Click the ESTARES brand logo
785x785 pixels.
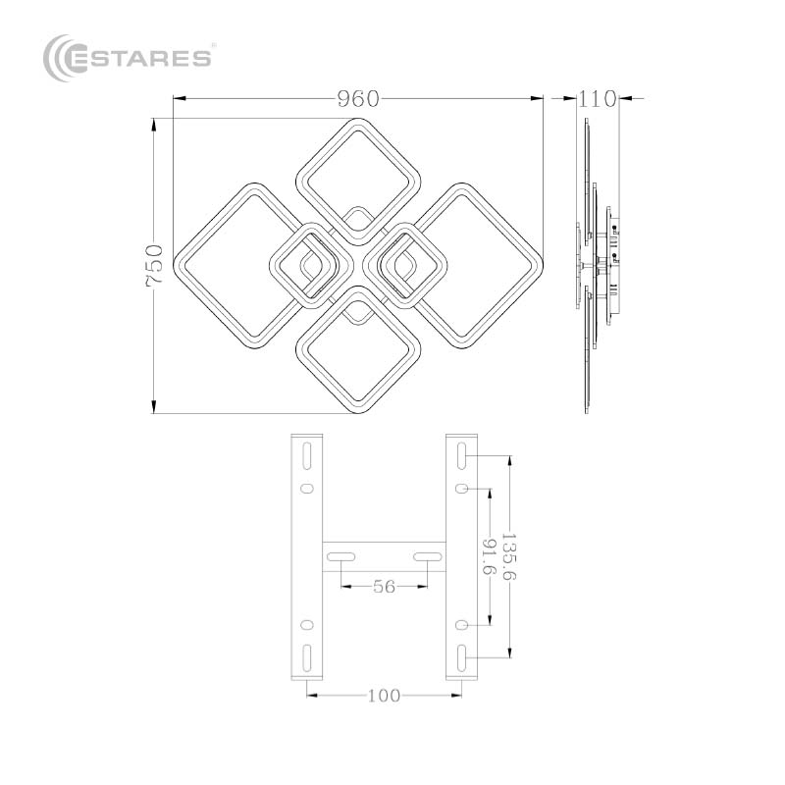click(x=128, y=58)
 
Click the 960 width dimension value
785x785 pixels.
click(x=358, y=99)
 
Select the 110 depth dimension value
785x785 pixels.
click(x=597, y=99)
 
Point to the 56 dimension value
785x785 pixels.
click(x=384, y=586)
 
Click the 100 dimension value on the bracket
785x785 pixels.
click(x=384, y=696)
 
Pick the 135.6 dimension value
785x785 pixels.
click(x=508, y=556)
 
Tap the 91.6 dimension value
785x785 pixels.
click(x=489, y=556)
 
